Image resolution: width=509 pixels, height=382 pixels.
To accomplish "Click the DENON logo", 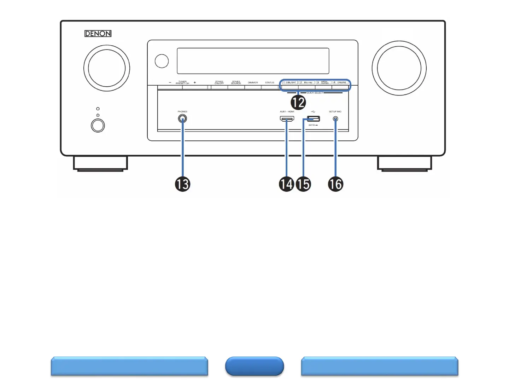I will click(98, 34).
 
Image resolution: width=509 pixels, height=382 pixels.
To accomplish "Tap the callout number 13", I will click(182, 184).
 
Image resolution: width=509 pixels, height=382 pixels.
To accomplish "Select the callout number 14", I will click(286, 184).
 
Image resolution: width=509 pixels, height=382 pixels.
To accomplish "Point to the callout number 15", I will click(303, 184).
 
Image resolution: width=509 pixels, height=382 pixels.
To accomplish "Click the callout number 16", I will click(335, 184).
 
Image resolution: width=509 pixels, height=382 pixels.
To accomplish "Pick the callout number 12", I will click(298, 103).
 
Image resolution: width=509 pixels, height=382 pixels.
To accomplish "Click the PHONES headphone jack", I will click(182, 119).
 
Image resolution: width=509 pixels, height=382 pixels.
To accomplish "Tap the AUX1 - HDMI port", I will click(287, 119).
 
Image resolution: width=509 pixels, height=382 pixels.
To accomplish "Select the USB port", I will click(313, 119).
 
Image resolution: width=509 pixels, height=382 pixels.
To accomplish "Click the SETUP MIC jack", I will click(335, 119).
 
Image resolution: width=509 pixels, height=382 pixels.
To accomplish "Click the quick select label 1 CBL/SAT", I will click(290, 82).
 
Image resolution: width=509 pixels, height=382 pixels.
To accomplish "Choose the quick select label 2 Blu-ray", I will click(306, 82).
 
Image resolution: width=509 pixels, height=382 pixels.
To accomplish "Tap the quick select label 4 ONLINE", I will click(340, 82).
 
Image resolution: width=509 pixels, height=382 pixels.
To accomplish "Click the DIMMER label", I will click(253, 83).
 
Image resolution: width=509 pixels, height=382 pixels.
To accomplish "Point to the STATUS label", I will click(270, 83).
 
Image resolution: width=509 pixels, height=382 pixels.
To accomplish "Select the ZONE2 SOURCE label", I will click(236, 83).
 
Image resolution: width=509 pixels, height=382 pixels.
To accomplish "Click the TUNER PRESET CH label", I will click(182, 83).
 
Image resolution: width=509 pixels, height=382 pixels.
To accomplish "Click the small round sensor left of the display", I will click(162, 61).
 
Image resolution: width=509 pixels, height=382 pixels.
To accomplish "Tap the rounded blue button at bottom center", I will click(255, 366).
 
